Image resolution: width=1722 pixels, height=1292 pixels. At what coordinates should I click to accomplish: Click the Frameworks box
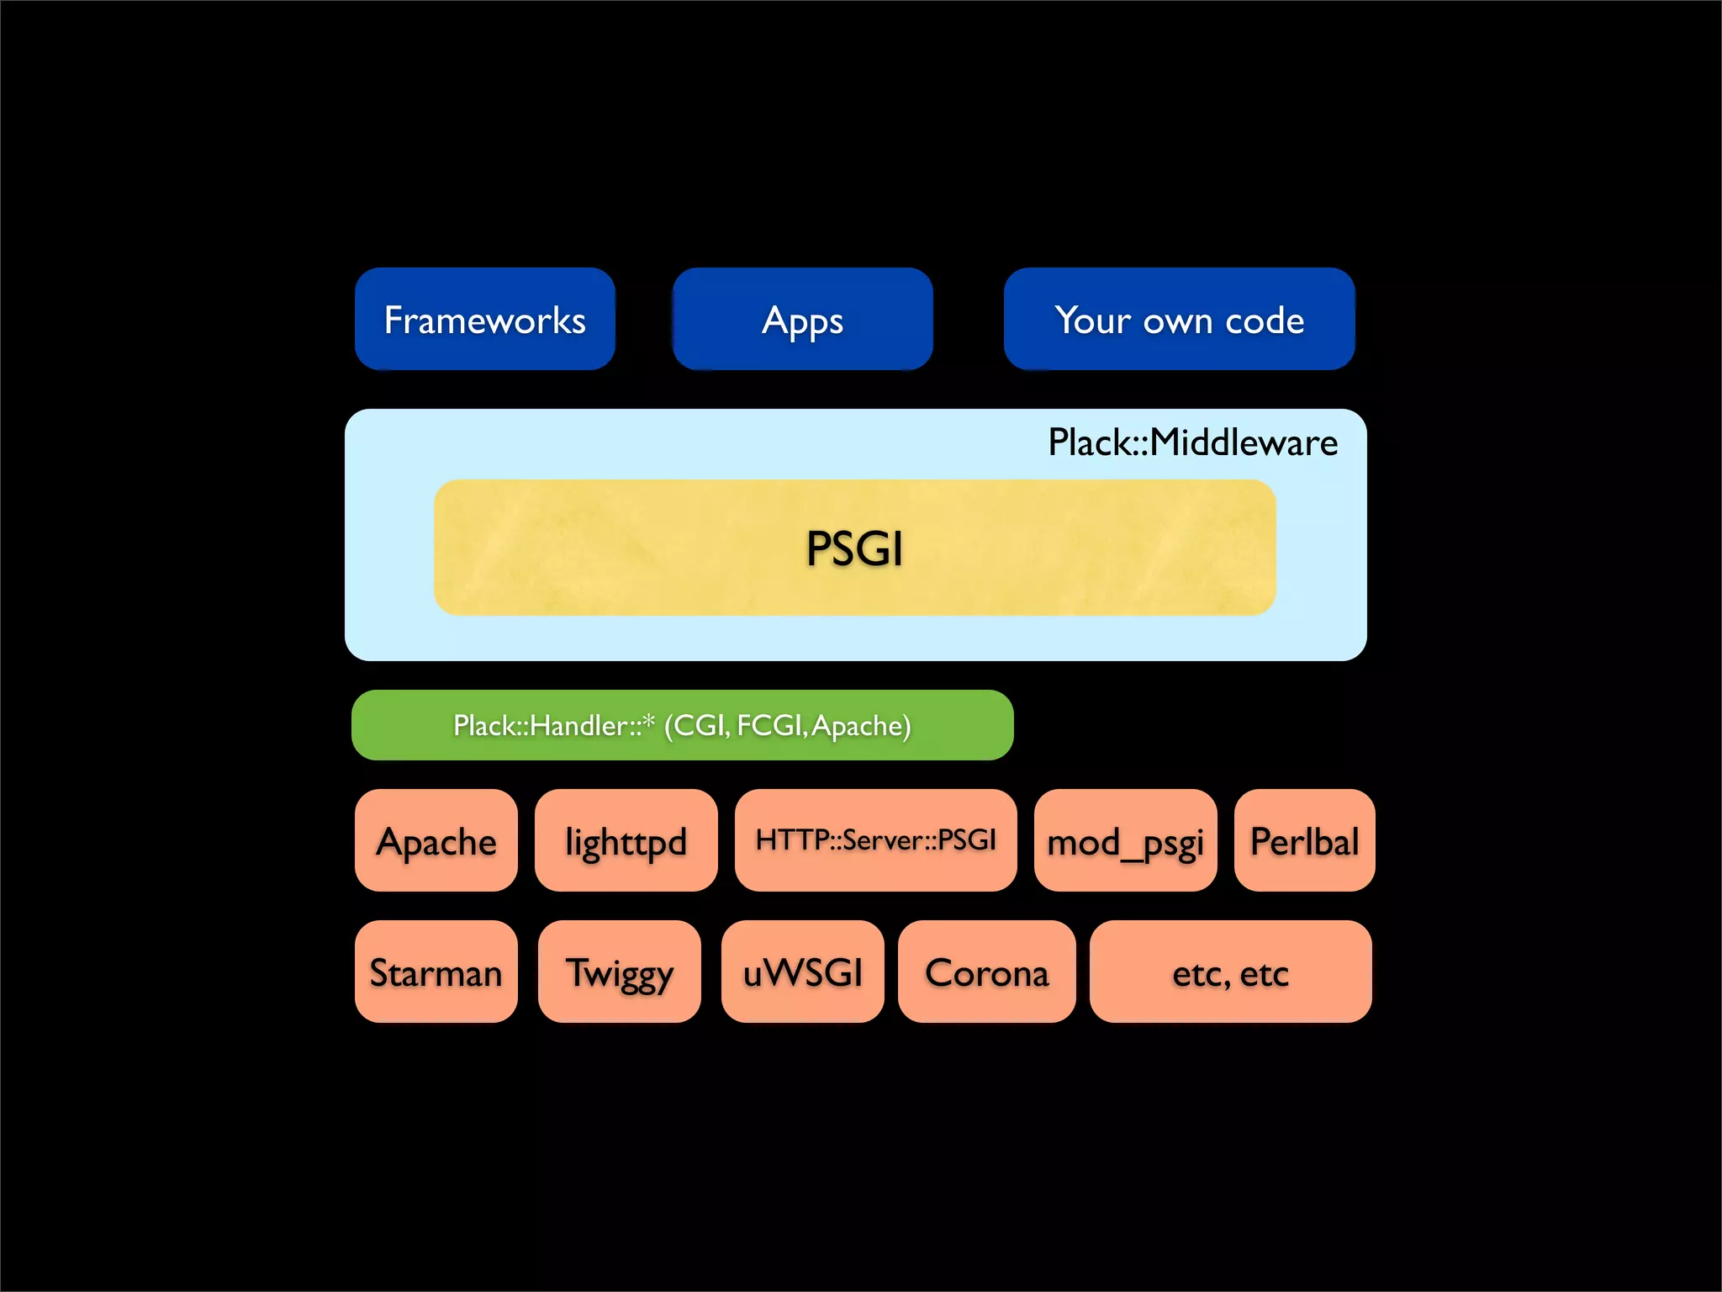[x=484, y=320]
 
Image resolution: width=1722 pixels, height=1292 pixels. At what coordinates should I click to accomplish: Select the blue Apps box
[x=802, y=320]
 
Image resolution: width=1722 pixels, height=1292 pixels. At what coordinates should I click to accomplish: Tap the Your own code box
[x=1179, y=320]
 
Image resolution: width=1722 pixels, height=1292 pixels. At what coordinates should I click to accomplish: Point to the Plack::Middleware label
[x=1192, y=442]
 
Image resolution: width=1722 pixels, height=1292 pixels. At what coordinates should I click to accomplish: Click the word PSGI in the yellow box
[x=854, y=548]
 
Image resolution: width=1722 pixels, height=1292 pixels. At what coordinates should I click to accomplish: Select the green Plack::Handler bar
[x=682, y=725]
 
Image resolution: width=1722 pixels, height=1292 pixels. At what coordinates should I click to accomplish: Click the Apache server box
[x=436, y=840]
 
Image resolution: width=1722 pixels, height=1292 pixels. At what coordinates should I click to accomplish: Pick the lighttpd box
[x=626, y=840]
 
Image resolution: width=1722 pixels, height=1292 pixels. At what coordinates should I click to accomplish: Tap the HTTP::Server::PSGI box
[x=875, y=839]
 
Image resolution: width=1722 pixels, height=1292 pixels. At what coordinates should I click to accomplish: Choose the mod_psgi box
[x=1125, y=840]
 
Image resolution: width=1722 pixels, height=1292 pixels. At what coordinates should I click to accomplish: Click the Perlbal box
[x=1304, y=840]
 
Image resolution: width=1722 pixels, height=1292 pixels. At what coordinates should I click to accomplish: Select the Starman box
[x=436, y=972]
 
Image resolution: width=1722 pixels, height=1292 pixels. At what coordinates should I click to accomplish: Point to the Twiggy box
[x=619, y=972]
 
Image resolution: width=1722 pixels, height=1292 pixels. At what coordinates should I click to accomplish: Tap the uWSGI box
[x=802, y=972]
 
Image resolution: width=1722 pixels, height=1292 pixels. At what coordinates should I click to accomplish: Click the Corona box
[x=986, y=972]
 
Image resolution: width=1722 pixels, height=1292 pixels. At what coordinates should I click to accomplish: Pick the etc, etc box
[x=1230, y=972]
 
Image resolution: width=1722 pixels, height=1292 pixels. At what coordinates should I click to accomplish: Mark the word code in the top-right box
[x=1265, y=320]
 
